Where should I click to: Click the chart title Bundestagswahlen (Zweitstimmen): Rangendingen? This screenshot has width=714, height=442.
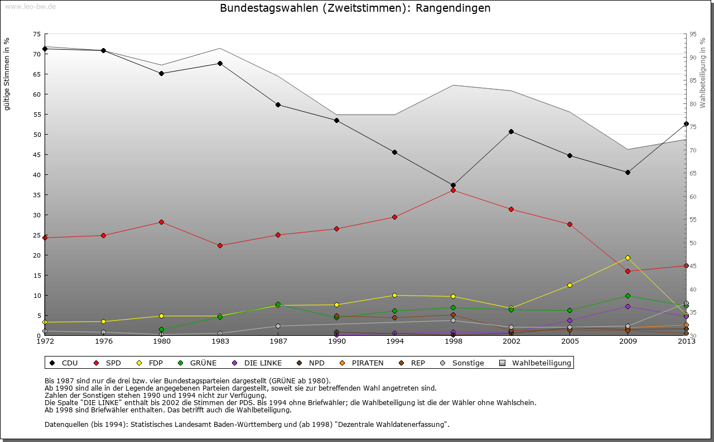pos(355,8)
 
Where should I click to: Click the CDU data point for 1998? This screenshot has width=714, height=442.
pos(453,185)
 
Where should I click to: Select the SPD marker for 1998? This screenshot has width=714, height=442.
pos(453,191)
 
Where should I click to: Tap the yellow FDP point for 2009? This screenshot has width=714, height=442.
pos(628,258)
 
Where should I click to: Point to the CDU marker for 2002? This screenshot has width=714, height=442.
pos(512,131)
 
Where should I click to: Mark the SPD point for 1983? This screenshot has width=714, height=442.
pos(220,245)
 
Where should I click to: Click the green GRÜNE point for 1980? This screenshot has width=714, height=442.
pos(161,330)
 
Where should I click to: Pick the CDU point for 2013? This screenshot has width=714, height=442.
pos(686,123)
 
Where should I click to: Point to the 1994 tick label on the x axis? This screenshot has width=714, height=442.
pos(394,341)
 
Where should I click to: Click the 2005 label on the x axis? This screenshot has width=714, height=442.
pos(570,341)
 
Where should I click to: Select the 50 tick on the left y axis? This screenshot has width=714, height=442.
pos(36,135)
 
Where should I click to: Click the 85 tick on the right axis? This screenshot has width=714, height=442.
pos(693,80)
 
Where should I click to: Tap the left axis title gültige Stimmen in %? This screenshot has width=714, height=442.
pos(7,74)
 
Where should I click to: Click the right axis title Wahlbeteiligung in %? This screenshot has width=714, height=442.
pos(703,73)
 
